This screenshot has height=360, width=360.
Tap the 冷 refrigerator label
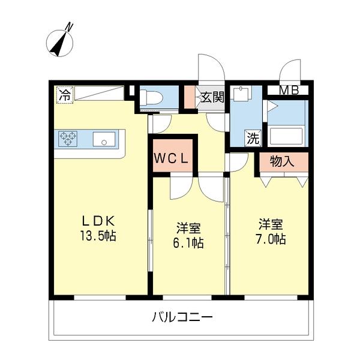(64, 94)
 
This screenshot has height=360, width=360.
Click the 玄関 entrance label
(212, 97)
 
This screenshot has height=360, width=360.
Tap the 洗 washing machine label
(253, 138)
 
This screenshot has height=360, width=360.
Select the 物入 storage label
(283, 161)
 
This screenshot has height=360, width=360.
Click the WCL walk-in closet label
(173, 158)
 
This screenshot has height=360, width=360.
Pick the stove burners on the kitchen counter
(69, 139)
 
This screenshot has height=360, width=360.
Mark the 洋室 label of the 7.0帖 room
(271, 224)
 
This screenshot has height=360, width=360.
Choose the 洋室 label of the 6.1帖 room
(188, 228)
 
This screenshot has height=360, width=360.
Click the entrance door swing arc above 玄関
(211, 66)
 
